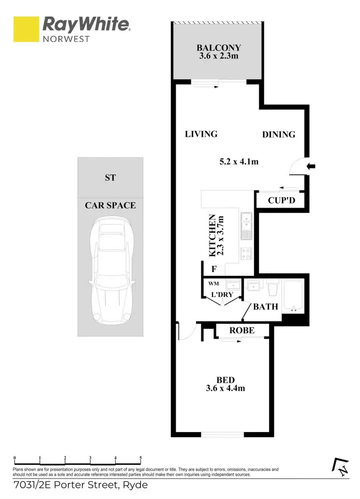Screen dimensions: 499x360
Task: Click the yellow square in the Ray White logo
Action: (x=26, y=29)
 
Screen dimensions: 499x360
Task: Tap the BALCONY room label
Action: (x=218, y=48)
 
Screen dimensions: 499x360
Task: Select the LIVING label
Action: (x=201, y=134)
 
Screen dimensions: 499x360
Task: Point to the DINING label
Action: (x=279, y=134)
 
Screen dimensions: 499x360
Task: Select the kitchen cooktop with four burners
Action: (x=246, y=253)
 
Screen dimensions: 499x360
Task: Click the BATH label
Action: (x=265, y=306)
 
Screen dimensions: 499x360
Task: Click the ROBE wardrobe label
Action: (x=242, y=330)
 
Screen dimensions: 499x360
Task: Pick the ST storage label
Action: (x=110, y=178)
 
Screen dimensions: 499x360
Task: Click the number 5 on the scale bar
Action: (x=141, y=458)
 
